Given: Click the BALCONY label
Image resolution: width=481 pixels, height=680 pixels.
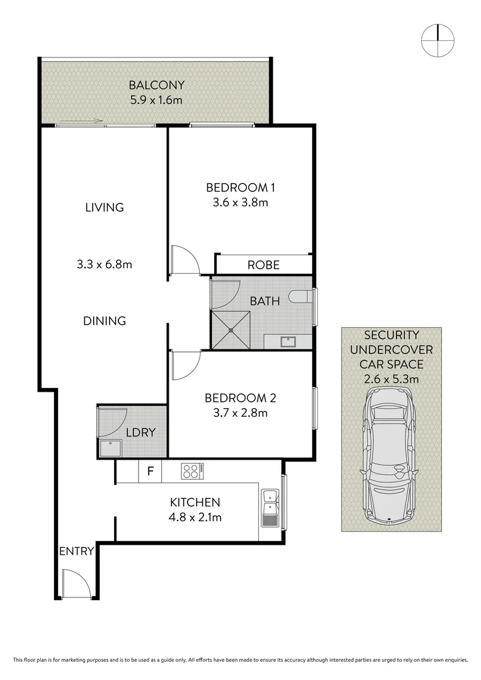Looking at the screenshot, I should tap(148, 85).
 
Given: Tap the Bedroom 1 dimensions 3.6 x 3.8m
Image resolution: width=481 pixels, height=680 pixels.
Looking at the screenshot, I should tap(241, 203).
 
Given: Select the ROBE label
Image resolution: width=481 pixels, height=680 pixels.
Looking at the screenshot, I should tap(263, 265).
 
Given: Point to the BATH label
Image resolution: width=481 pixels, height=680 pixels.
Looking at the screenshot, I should tap(264, 302).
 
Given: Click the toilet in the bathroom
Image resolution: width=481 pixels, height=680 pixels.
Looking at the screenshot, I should tap(301, 296).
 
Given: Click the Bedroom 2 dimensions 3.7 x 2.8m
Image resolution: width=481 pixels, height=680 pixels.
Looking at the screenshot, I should tap(241, 413).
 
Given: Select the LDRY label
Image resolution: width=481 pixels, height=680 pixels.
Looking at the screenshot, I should tap(140, 433).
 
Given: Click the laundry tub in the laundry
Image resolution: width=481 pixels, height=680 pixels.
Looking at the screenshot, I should tap(112, 448).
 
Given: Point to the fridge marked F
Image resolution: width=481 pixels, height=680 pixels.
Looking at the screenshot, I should tap(150, 471).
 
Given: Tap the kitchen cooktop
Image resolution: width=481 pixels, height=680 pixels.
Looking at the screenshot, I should tap(191, 471).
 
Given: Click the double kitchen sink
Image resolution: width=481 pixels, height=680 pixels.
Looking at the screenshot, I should tap(269, 507).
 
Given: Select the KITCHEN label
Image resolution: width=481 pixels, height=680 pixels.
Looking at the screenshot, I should tap(195, 502).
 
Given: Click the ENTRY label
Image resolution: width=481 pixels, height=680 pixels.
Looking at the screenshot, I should tap(76, 552).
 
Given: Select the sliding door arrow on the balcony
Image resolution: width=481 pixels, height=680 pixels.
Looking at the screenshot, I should tap(79, 122).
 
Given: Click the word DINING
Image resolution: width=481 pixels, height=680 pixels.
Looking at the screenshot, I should tap(105, 320).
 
